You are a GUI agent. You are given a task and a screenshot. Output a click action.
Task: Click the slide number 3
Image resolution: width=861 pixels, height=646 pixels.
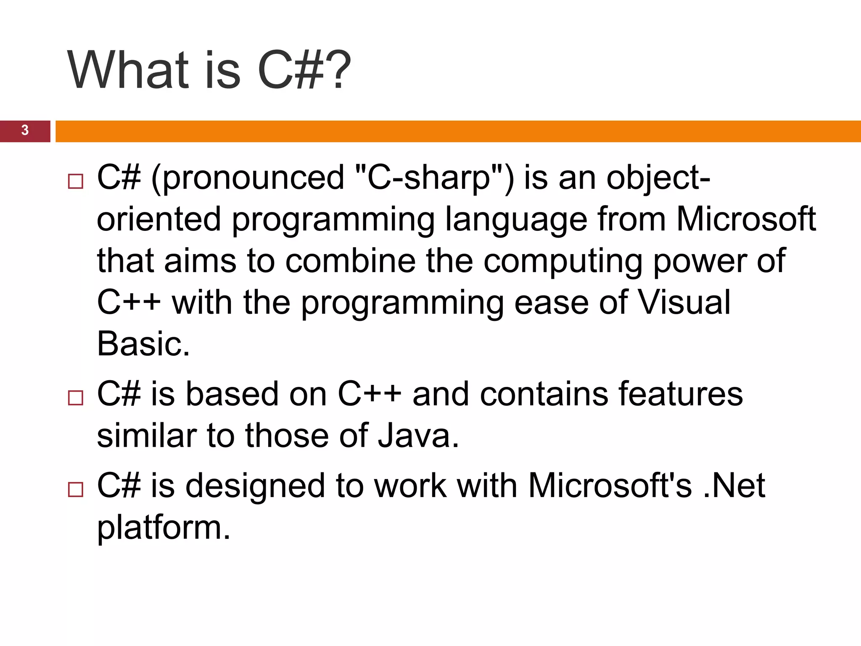click(x=25, y=130)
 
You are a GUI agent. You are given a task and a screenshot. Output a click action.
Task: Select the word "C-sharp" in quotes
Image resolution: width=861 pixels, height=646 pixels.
click(x=429, y=177)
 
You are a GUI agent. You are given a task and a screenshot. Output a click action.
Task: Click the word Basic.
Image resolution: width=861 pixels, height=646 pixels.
click(x=143, y=343)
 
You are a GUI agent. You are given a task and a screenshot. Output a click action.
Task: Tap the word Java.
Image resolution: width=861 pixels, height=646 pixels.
click(x=418, y=435)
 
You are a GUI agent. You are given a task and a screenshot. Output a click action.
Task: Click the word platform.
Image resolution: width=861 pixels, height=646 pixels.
click(x=164, y=528)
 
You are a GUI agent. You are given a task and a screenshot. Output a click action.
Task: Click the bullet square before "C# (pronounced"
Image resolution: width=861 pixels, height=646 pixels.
click(x=75, y=182)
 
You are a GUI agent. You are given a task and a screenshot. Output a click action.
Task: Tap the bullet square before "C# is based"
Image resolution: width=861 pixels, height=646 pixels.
click(x=75, y=398)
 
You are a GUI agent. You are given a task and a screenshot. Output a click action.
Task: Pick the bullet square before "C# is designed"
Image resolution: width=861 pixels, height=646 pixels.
click(x=75, y=490)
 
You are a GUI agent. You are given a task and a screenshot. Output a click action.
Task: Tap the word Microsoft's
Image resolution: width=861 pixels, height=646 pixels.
click(x=610, y=485)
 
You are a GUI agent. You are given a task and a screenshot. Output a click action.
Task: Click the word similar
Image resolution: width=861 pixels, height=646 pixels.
click(x=147, y=435)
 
